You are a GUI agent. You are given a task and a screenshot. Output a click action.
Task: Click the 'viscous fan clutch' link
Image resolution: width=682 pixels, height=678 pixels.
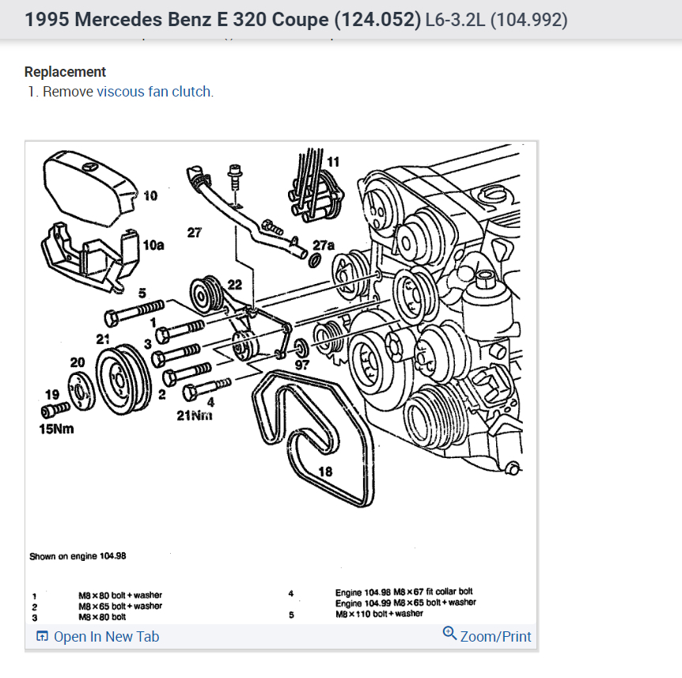tap(153, 92)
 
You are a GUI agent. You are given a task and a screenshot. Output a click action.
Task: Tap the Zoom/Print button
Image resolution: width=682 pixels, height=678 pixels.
tap(487, 636)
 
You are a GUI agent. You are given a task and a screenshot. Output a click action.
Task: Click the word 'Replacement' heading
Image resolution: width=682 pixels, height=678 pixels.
tap(65, 72)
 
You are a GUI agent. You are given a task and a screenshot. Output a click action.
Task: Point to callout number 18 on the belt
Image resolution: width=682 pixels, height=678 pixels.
tap(324, 472)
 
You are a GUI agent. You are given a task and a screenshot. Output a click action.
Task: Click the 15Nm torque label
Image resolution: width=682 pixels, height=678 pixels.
tap(57, 430)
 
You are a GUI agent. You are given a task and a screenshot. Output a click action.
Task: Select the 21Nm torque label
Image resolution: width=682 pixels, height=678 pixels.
tap(195, 415)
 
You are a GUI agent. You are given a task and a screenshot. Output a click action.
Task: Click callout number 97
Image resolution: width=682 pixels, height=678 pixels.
tap(302, 366)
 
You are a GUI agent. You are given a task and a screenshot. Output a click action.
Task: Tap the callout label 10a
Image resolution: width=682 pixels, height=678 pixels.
tap(153, 245)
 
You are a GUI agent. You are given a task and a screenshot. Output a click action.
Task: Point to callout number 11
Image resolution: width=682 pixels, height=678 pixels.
tap(333, 161)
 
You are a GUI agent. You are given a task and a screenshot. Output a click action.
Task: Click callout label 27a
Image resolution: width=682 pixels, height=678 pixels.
tap(324, 245)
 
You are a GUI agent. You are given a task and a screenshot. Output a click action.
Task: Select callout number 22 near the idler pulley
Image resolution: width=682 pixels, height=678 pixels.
tap(234, 285)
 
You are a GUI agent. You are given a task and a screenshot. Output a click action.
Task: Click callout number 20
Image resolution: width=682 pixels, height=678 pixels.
tap(77, 362)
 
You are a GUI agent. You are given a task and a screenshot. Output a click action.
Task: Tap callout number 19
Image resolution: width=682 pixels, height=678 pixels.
tap(51, 393)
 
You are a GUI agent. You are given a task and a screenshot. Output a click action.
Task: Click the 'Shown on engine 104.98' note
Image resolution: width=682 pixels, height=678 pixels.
tap(78, 555)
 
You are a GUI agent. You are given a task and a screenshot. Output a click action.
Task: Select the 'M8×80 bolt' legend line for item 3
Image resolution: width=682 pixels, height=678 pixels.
tap(101, 616)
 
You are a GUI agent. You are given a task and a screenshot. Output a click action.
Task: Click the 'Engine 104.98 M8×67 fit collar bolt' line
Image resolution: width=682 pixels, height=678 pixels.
tap(404, 592)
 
